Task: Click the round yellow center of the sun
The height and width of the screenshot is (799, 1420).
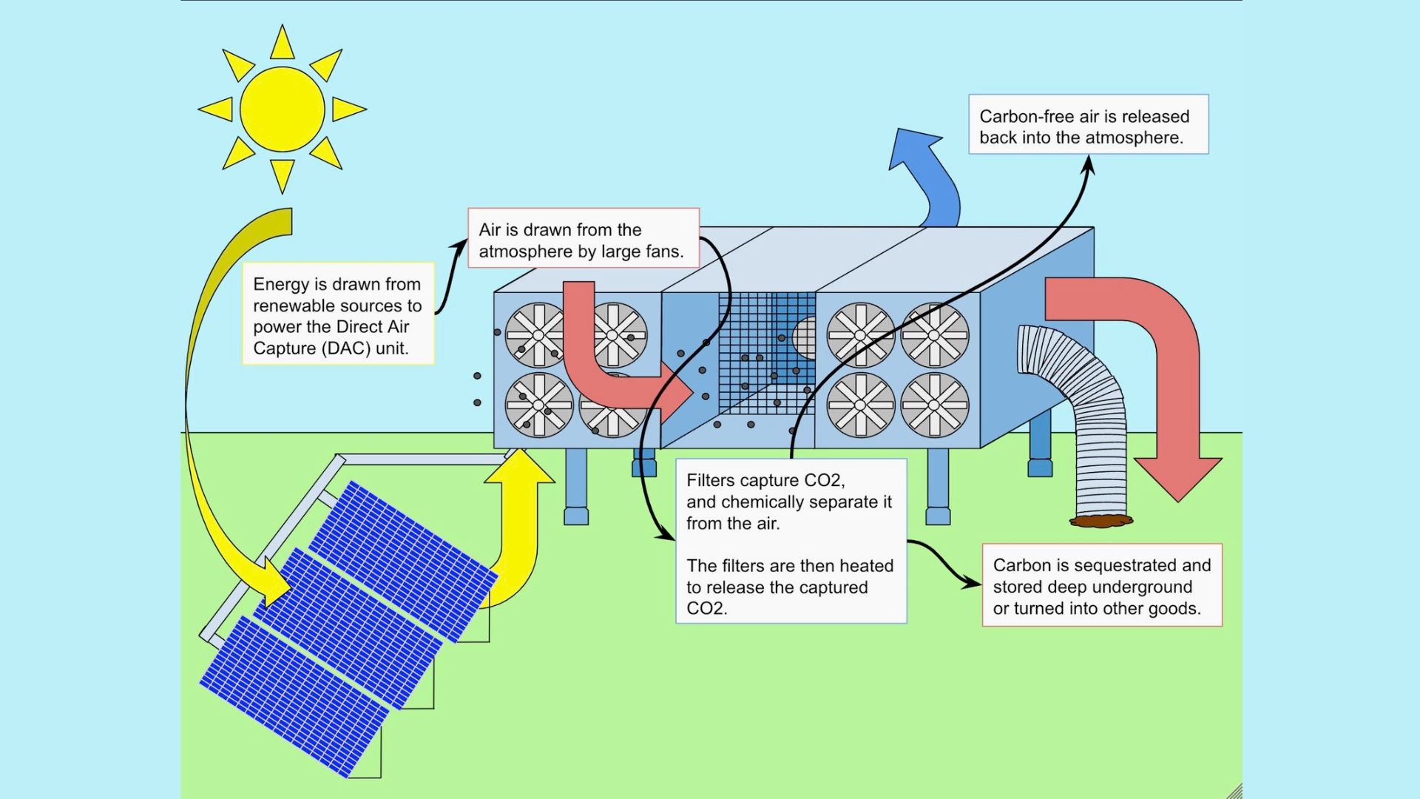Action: [282, 109]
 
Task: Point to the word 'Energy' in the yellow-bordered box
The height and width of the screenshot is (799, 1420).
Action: [279, 284]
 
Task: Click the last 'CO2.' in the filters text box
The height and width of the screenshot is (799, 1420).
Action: [706, 609]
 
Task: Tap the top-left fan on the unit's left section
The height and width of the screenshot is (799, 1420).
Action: [537, 335]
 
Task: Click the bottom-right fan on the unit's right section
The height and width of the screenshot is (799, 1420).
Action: [934, 405]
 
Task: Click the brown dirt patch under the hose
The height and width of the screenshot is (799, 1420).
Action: [1101, 521]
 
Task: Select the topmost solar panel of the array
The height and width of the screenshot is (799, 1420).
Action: [403, 559]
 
